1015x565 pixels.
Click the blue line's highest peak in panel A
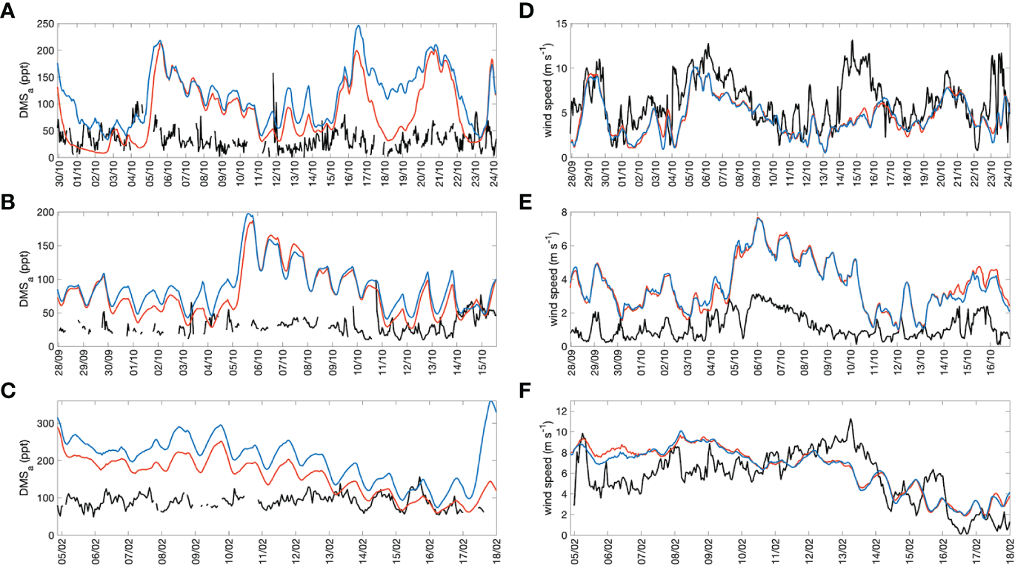coord(358,26)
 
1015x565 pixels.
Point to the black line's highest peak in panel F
coord(851,419)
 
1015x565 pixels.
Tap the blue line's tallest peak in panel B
coord(248,214)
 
